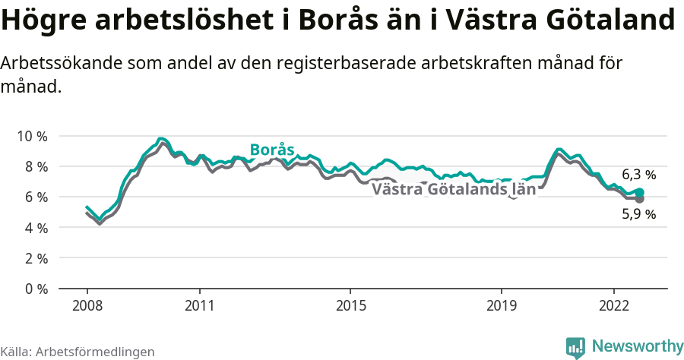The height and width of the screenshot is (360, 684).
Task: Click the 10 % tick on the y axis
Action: click(32, 136)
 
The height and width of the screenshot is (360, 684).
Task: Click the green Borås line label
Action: click(272, 150)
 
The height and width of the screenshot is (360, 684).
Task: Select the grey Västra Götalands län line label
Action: click(454, 189)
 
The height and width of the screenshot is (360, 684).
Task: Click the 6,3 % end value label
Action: click(638, 175)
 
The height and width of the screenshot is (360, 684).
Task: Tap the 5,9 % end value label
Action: click(638, 214)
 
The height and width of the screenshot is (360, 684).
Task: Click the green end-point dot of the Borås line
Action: click(640, 192)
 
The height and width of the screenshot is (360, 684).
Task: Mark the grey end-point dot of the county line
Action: click(640, 199)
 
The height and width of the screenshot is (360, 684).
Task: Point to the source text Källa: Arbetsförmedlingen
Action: click(78, 352)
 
